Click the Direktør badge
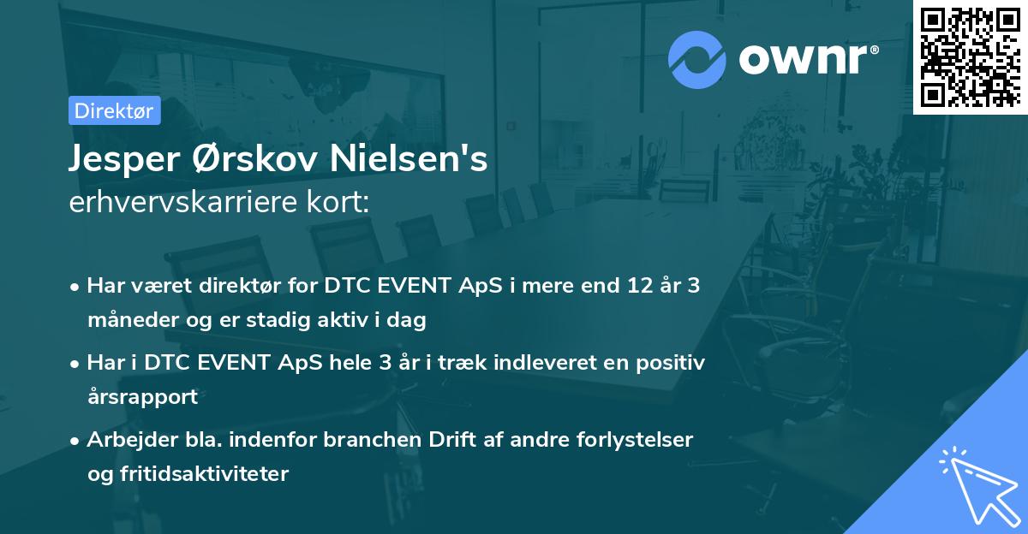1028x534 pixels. (114, 110)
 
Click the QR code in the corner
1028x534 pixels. (970, 56)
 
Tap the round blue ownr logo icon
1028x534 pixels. (697, 59)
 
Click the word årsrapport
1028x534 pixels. (142, 397)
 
